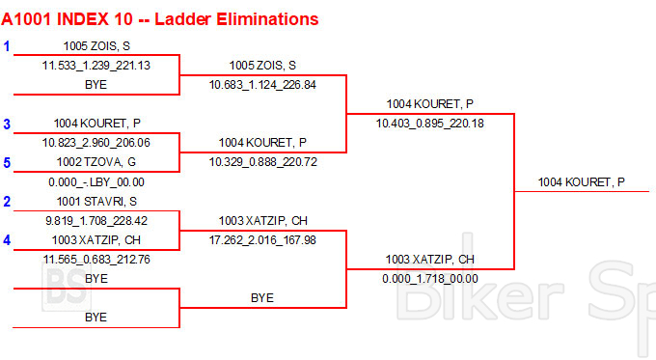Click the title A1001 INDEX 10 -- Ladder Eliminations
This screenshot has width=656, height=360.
(160, 19)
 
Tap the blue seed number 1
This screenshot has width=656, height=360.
(7, 46)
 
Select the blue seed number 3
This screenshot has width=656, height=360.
(7, 124)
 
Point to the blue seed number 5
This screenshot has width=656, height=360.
(7, 162)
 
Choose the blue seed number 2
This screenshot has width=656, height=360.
(7, 202)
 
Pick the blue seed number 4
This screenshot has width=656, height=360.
(7, 240)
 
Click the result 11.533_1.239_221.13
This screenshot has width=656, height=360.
(96, 66)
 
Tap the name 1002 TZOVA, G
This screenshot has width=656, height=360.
(96, 162)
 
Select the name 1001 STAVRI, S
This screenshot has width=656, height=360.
(96, 202)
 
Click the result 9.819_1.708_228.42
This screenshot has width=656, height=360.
(96, 221)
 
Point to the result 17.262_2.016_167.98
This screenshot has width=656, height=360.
(262, 240)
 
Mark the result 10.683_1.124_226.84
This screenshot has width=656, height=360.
(262, 85)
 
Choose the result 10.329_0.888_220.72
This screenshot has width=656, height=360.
(262, 162)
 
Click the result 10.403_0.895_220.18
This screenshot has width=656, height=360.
(429, 124)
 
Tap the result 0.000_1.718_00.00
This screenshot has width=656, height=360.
(429, 279)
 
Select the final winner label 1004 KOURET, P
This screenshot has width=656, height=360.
(581, 182)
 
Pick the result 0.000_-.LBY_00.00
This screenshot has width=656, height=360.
(96, 182)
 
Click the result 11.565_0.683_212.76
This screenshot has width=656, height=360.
(96, 260)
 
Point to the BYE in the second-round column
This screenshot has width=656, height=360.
(262, 298)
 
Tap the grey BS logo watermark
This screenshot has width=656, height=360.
(67, 288)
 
